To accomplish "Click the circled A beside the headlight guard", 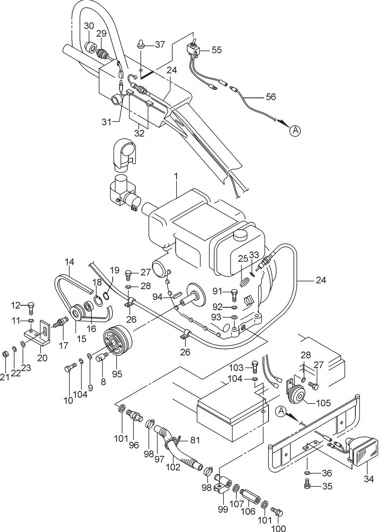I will pos(281,411).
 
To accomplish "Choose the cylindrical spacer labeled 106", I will pos(250,494).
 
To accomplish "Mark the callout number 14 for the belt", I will pos(69,262).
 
